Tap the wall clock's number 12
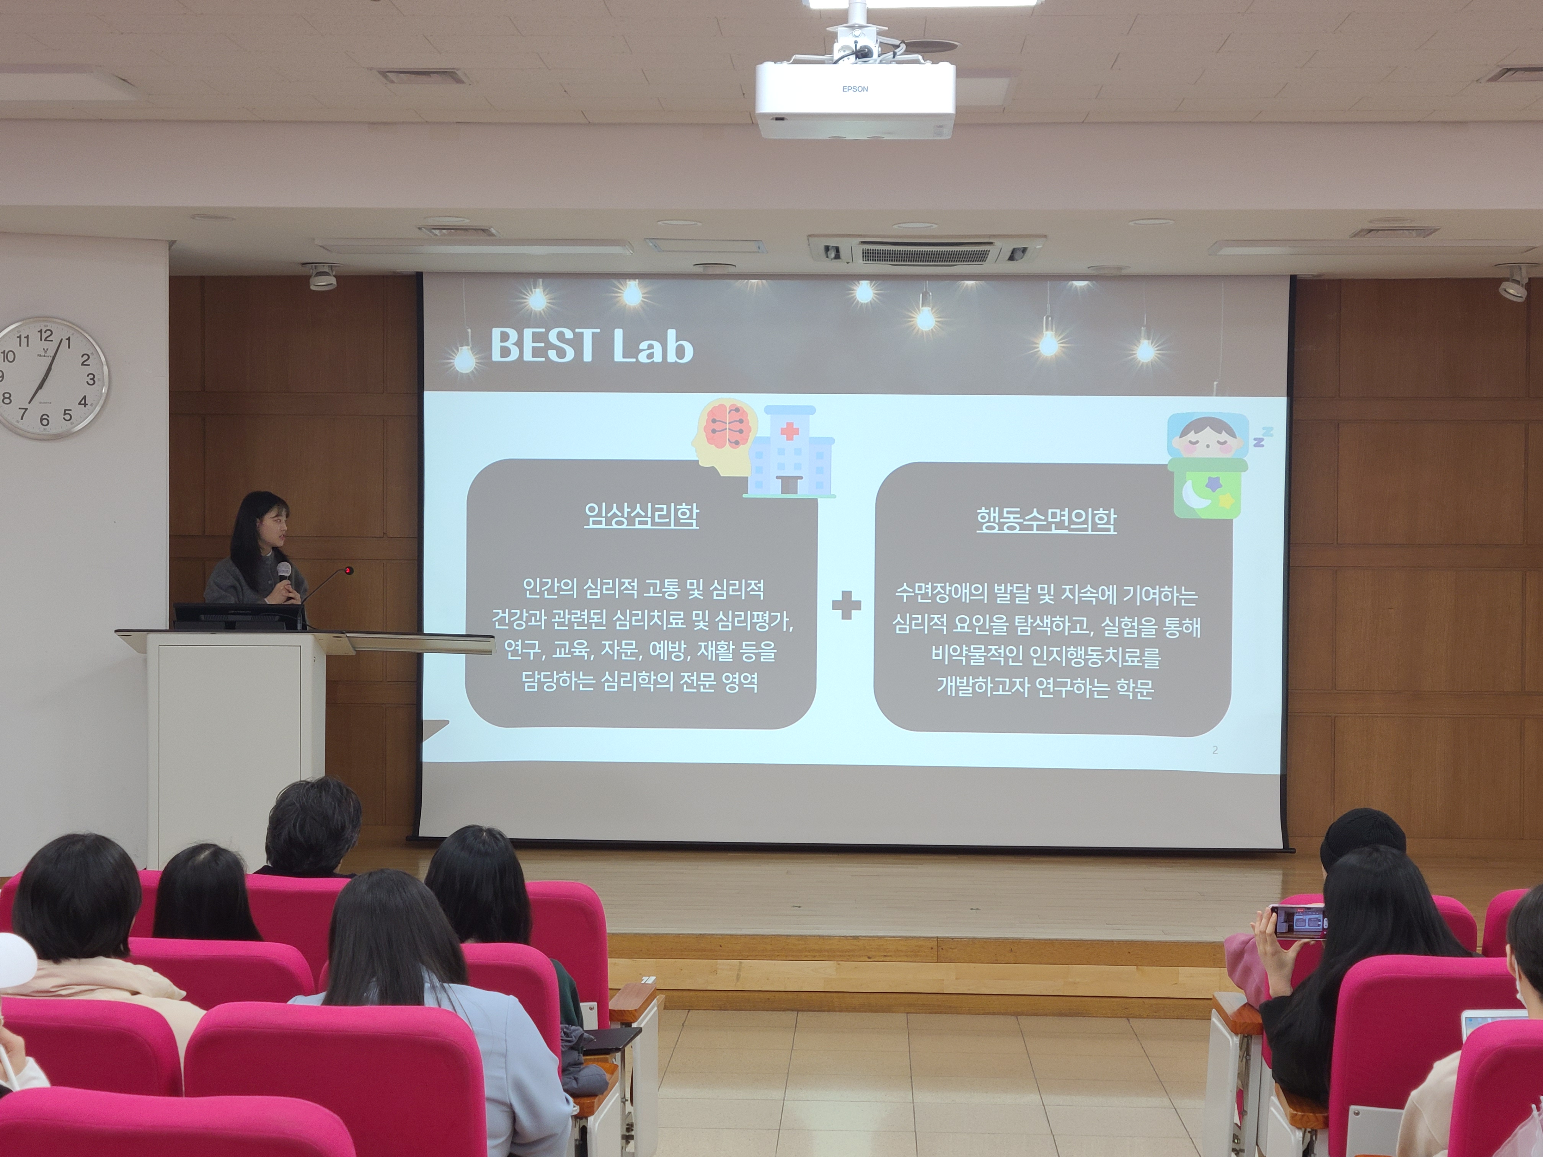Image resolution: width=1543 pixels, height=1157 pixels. click(45, 335)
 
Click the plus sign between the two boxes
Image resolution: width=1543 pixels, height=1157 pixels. click(846, 605)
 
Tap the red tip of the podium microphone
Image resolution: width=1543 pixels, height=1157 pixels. click(348, 570)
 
